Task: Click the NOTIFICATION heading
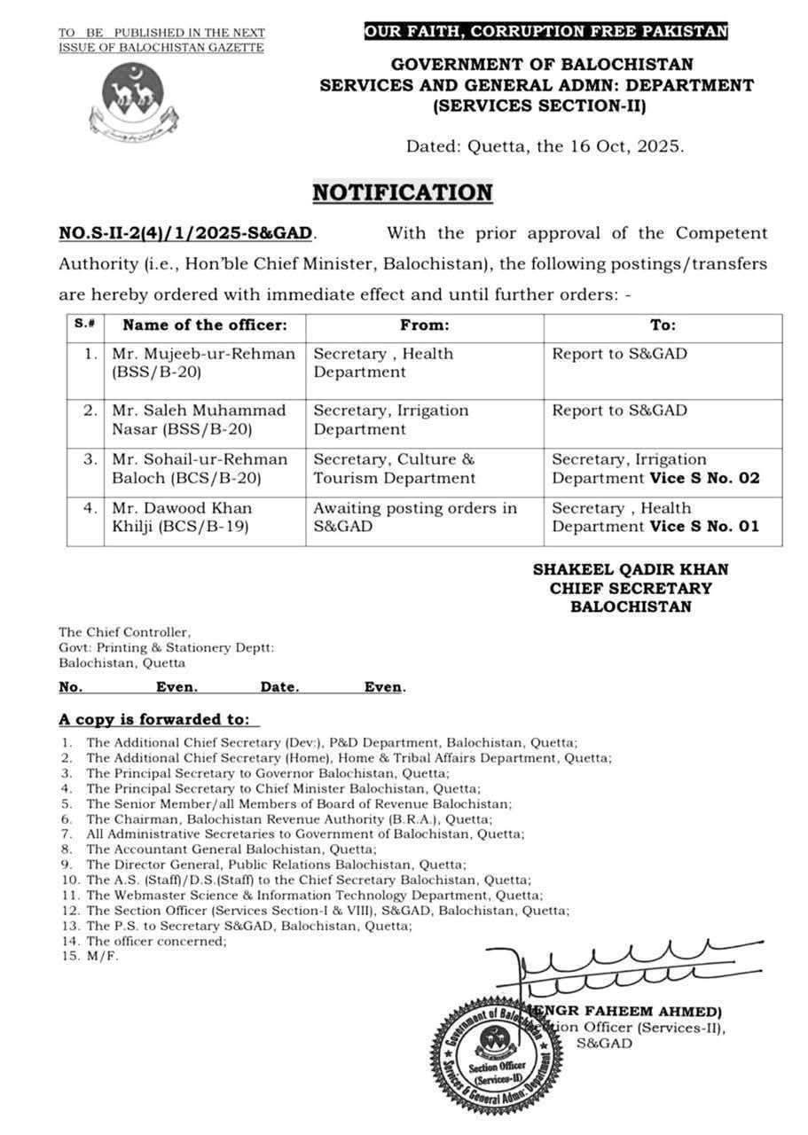402,192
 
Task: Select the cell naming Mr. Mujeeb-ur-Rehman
204,363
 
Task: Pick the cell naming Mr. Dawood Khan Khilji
204,517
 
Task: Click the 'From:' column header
424,325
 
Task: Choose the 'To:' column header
663,325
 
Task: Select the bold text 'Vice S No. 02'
705,478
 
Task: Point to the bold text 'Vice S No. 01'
705,527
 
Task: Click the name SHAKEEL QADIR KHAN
630,569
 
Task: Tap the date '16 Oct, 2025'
625,147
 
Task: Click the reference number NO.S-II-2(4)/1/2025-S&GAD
186,233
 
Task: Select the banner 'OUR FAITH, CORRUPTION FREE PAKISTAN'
546,32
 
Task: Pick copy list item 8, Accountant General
231,849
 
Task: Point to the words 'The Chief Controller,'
124,632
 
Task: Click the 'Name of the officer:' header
205,325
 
